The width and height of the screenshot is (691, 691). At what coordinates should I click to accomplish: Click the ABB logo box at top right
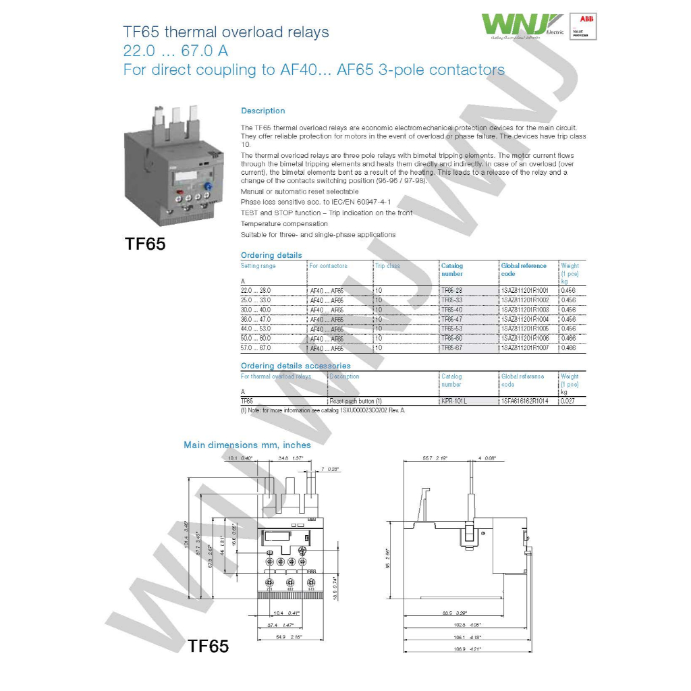(x=582, y=26)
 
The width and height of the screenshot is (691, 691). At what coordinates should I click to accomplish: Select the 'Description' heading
(x=262, y=111)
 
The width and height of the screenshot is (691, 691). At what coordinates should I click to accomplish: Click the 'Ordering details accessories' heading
(x=296, y=366)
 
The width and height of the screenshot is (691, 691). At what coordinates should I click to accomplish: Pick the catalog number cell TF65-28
(x=451, y=289)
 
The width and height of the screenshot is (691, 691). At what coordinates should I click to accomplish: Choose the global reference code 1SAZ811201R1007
(x=525, y=348)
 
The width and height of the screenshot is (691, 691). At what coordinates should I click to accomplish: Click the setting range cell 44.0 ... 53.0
(x=256, y=329)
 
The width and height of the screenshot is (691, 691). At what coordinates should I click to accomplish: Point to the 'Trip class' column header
(x=388, y=266)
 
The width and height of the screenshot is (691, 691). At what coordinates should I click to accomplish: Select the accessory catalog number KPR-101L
(x=453, y=401)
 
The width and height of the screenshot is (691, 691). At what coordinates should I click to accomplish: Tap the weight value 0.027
(x=569, y=401)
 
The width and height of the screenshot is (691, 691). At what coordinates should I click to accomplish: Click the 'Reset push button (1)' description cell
(x=356, y=401)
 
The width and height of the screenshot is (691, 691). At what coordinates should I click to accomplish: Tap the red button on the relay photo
(x=179, y=192)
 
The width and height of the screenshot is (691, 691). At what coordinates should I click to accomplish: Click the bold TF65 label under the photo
(x=145, y=244)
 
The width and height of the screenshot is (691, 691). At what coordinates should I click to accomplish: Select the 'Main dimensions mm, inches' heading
(x=247, y=445)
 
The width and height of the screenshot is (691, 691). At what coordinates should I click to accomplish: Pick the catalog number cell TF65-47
(x=451, y=319)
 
